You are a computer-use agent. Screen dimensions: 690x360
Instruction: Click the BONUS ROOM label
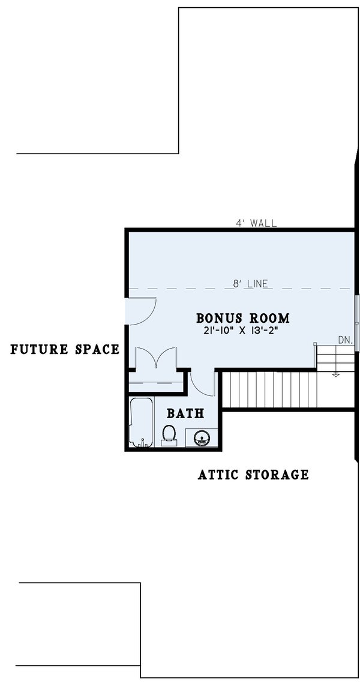pos(243,317)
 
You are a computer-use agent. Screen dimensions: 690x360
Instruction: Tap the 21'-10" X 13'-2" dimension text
pos(243,331)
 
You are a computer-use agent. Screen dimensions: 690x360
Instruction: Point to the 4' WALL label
pos(256,223)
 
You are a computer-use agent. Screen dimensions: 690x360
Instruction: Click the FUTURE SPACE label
pos(65,349)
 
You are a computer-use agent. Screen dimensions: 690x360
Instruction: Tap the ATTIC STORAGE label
pos(253,475)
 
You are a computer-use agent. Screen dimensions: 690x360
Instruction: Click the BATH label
pos(185,413)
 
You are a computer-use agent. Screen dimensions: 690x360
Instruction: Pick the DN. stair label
pos(344,340)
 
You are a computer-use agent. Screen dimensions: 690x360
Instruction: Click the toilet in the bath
pos(169,434)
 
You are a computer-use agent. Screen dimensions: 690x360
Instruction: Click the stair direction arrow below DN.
pos(335,374)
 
